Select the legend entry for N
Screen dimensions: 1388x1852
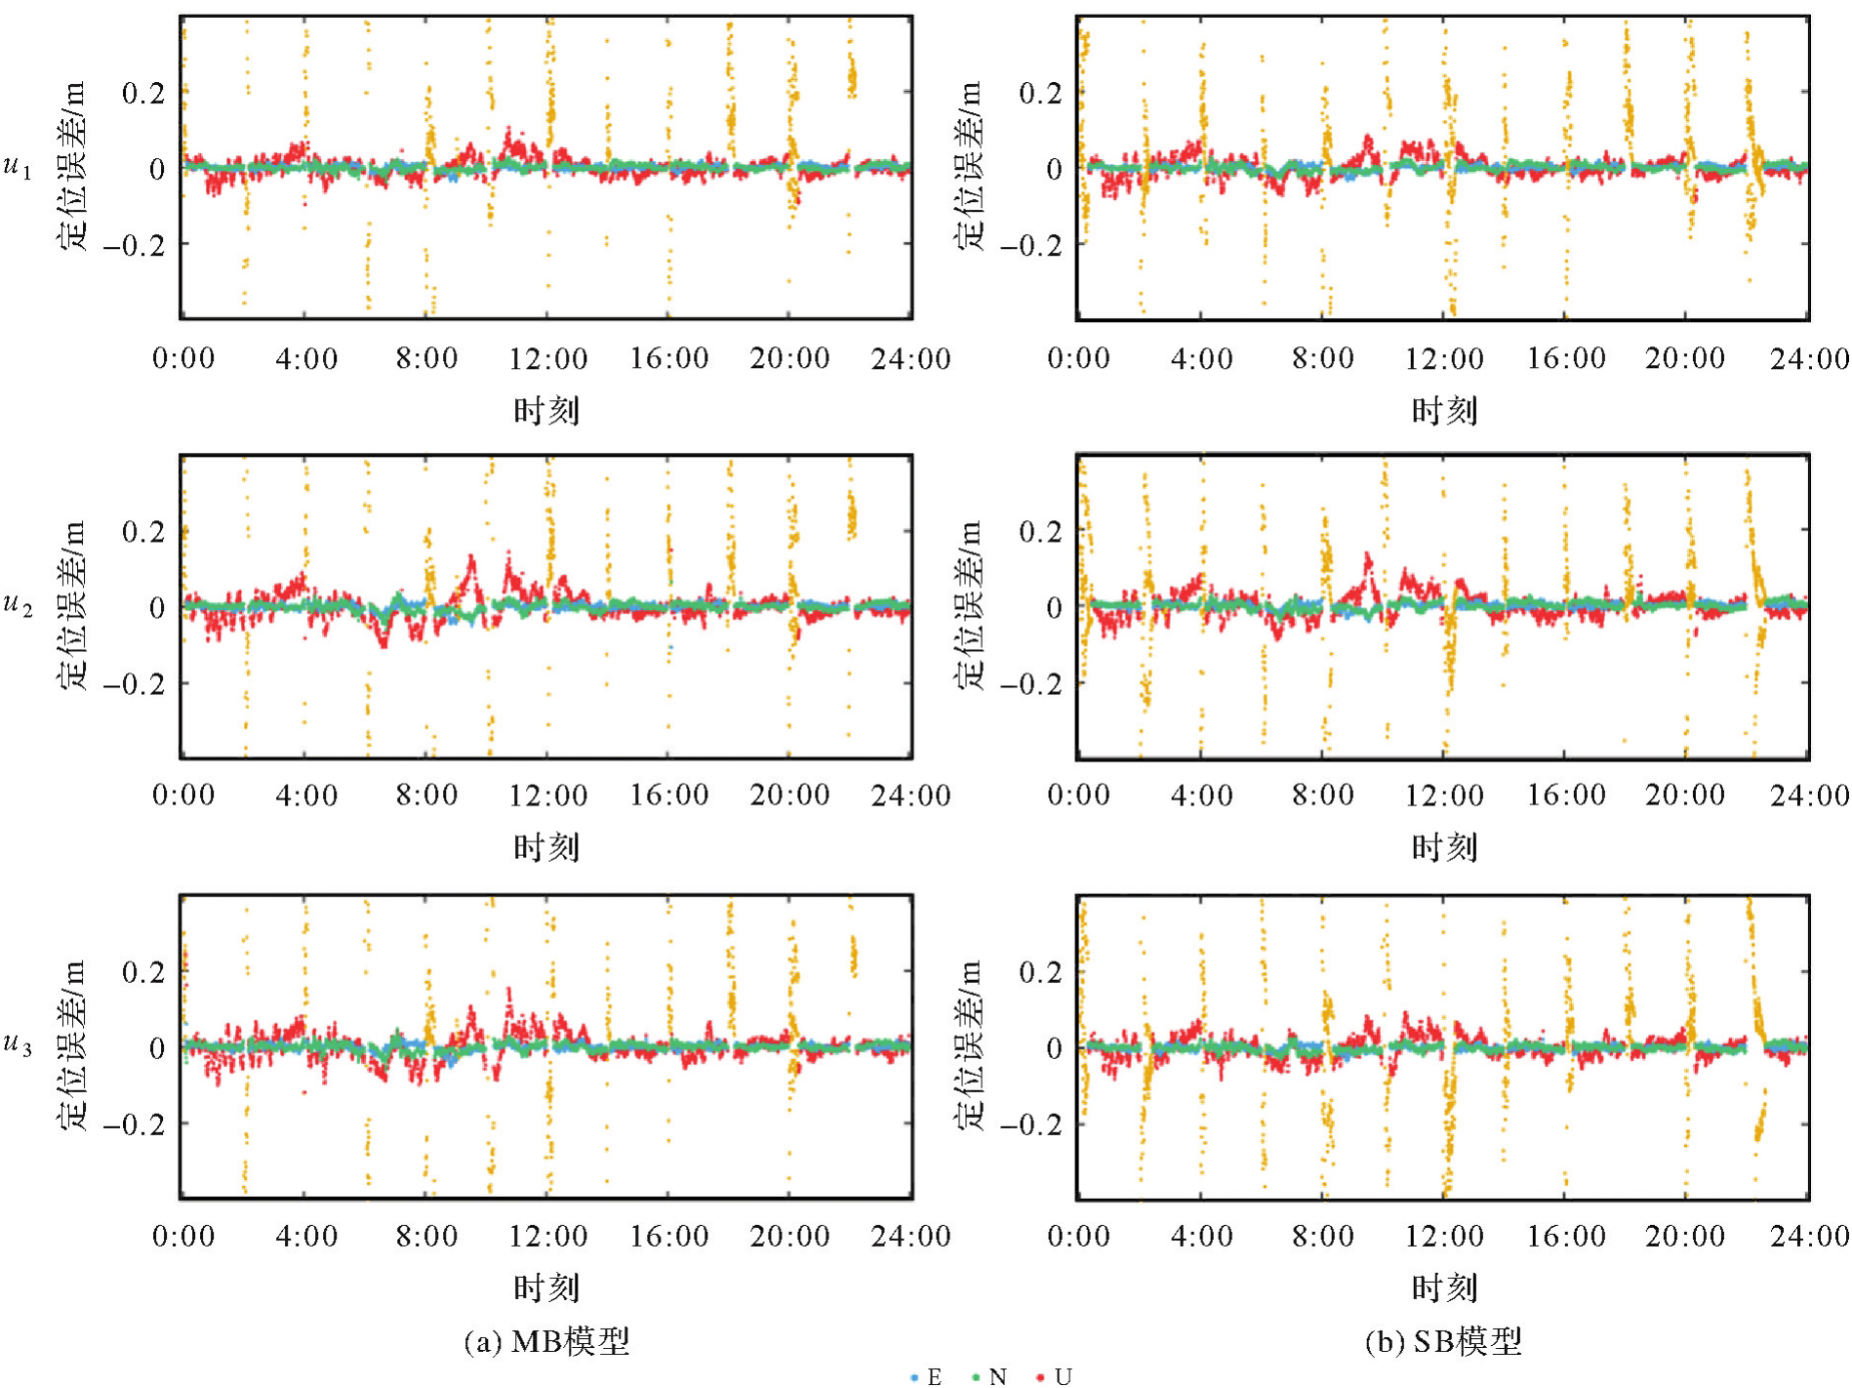point(989,1376)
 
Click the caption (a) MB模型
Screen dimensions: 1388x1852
point(546,1341)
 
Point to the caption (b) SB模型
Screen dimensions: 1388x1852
point(1442,1341)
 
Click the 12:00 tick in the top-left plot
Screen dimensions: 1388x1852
point(547,358)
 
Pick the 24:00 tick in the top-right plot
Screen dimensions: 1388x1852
point(1808,358)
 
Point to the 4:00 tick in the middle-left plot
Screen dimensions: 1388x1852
point(305,795)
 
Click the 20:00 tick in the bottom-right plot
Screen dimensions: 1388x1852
point(1685,1236)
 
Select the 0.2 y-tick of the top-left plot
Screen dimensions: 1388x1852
point(142,93)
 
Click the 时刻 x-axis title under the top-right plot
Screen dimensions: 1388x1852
point(1443,411)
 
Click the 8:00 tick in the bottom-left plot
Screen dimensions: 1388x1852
point(426,1236)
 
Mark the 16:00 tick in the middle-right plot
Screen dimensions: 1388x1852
point(1565,795)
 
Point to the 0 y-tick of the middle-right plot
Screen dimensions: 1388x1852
point(1053,607)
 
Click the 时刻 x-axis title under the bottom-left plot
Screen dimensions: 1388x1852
point(546,1288)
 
